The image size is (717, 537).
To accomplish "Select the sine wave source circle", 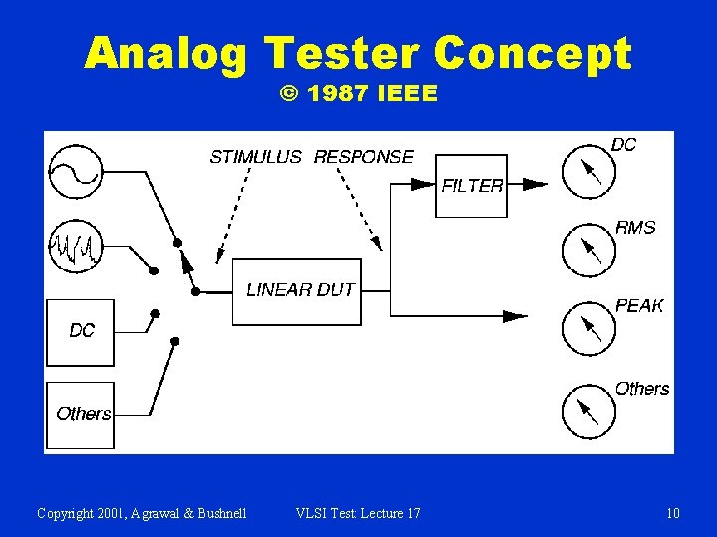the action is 74,169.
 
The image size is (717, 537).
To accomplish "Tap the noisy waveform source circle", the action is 75,245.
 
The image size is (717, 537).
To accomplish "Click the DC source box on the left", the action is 81,331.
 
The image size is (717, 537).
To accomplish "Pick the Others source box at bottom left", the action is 81,414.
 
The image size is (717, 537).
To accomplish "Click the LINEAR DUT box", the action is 297,290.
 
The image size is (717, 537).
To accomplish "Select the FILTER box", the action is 471,185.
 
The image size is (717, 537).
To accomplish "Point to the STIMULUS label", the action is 255,157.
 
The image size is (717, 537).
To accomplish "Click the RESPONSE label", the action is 363,157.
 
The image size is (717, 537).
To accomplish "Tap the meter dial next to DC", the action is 589,171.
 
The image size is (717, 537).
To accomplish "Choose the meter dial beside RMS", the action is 589,250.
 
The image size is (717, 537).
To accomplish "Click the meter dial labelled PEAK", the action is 589,328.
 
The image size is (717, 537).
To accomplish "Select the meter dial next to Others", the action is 589,411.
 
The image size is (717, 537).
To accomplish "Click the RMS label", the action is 635,228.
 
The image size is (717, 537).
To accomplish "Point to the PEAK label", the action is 639,306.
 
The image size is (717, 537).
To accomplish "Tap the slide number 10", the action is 673,513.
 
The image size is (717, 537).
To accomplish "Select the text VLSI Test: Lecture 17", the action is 358,513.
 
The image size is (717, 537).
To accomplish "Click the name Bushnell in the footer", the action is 214,513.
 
